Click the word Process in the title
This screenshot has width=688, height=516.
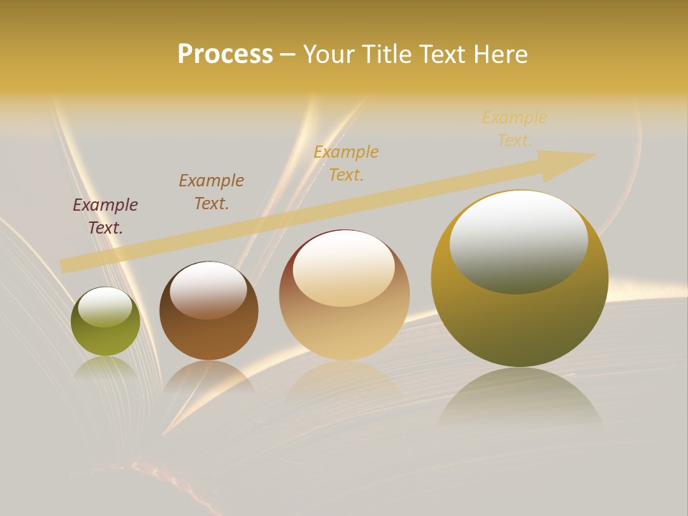225,54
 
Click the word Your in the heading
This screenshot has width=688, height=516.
330,54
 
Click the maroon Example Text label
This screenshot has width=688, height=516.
105,216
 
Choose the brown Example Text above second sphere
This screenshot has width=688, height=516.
211,191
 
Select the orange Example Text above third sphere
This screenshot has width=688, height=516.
346,163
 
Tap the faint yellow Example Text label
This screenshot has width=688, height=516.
515,128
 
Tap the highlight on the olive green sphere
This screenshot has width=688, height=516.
105,307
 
